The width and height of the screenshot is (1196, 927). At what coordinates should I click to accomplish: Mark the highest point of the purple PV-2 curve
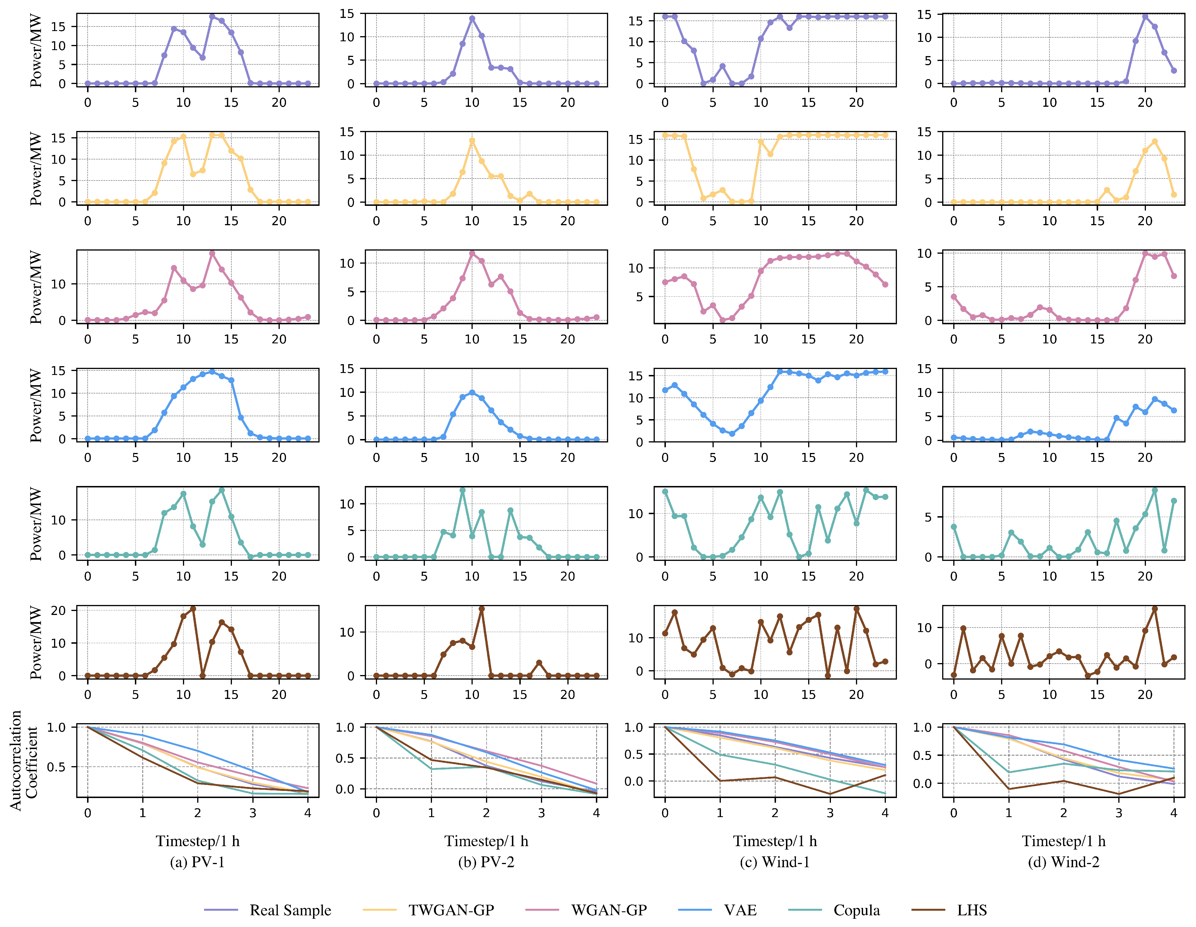click(472, 19)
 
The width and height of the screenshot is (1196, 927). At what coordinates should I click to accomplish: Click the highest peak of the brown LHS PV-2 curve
click(481, 609)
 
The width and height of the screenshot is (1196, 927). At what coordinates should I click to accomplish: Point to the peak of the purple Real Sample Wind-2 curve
click(1145, 17)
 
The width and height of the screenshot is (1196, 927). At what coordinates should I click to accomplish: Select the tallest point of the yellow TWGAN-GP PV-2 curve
click(472, 141)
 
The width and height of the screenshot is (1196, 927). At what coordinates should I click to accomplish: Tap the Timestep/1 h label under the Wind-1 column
click(774, 841)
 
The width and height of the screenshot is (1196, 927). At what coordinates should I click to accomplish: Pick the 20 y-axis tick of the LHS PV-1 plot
click(59, 610)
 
